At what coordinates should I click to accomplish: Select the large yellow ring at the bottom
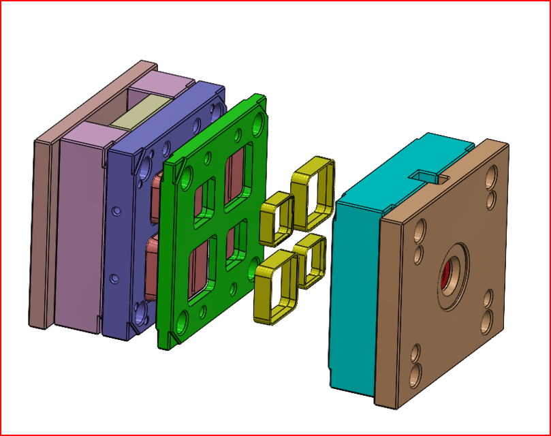[x=274, y=285]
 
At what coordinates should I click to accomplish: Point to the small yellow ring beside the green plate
[x=276, y=218]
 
